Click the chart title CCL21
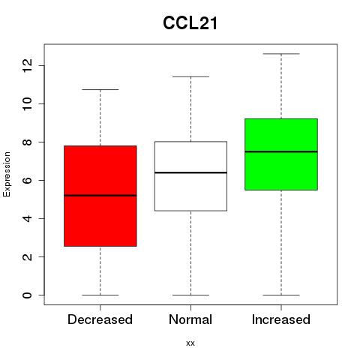[x=190, y=23]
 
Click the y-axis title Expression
[x=7, y=174]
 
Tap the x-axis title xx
[x=190, y=343]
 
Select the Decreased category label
[x=100, y=319]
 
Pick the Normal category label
[x=190, y=319]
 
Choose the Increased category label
[x=281, y=319]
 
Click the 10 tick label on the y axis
[x=28, y=103]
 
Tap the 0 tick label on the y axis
[x=28, y=295]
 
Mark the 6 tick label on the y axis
[x=28, y=180]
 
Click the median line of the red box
[x=100, y=196]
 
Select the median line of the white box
[x=190, y=172]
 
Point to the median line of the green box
[x=281, y=151]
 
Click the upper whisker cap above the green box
[x=281, y=54]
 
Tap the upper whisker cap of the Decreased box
[x=100, y=89]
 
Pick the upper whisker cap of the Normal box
[x=190, y=76]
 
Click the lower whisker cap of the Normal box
[x=190, y=295]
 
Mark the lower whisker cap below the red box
[x=100, y=295]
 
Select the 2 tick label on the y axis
[x=28, y=256]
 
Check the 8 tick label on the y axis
[x=28, y=142]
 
